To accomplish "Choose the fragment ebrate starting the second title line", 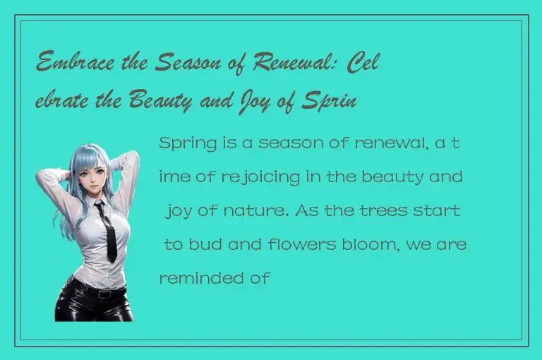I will [x=64, y=100].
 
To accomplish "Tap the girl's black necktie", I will [x=108, y=229].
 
